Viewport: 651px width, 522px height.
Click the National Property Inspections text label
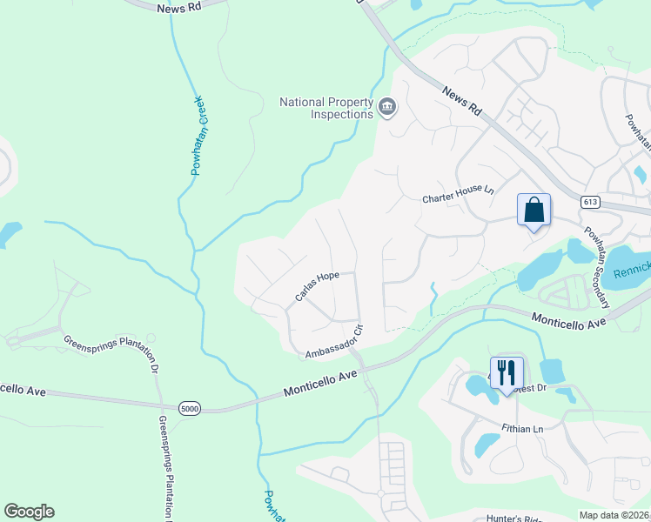tap(325, 108)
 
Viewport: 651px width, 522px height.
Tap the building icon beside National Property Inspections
tap(387, 108)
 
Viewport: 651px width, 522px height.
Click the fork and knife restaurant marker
tap(507, 374)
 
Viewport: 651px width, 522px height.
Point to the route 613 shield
tap(591, 202)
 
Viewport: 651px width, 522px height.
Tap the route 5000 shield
tap(189, 407)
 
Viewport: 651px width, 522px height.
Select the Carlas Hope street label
tap(316, 286)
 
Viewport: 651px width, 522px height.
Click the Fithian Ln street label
tap(522, 428)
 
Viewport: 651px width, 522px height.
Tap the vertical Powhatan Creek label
tap(197, 136)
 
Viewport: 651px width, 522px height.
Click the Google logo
tap(29, 512)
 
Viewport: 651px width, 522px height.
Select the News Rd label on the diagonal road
tap(461, 102)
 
